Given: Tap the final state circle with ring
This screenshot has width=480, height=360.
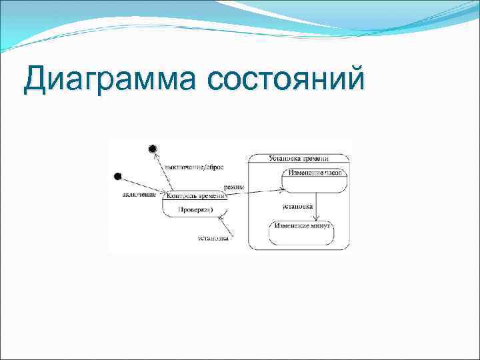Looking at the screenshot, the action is [153, 148].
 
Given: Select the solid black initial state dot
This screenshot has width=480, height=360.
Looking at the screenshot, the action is [117, 177].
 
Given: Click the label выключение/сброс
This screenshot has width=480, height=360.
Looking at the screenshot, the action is [194, 167].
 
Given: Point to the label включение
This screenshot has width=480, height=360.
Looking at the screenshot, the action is [139, 195].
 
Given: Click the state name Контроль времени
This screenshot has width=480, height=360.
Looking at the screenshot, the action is [194, 196].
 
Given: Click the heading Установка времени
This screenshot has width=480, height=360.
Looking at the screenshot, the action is [299, 159].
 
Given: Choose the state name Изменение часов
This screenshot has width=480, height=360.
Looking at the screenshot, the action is [315, 172].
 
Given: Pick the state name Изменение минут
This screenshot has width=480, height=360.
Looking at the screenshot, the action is [301, 227].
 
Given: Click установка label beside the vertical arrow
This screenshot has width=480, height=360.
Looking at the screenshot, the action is [297, 206].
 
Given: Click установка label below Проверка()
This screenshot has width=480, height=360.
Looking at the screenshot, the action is [213, 237].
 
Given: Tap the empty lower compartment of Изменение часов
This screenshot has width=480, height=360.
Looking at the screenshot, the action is [315, 184].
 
